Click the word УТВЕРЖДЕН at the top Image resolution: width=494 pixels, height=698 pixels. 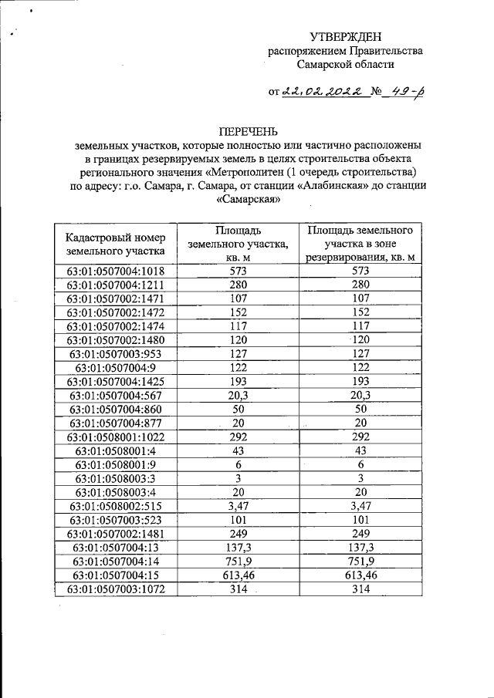tap(345, 37)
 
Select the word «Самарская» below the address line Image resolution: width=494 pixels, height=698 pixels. tap(247, 200)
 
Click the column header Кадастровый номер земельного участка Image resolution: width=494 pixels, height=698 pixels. tap(116, 244)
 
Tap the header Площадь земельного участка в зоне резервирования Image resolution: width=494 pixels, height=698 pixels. tap(360, 244)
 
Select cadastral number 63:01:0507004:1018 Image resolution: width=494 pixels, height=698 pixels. tap(116, 271)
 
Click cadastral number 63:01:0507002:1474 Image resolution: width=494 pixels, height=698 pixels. tap(116, 326)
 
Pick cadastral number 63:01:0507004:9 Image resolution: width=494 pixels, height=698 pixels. tap(116, 368)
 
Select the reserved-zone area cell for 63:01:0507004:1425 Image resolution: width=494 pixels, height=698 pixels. tap(360, 382)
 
